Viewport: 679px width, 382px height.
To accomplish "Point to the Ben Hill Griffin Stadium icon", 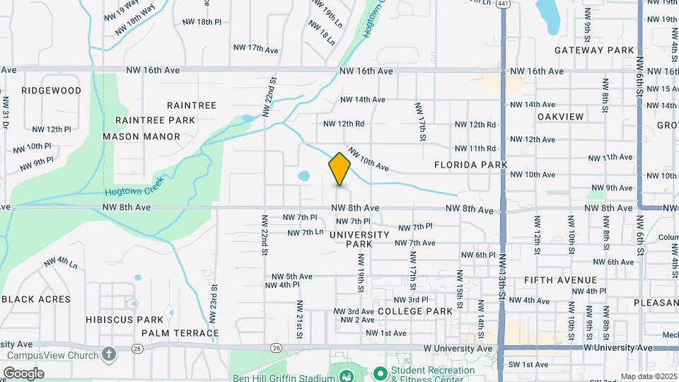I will tap(347, 374).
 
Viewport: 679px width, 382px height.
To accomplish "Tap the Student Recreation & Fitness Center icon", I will tap(380, 372).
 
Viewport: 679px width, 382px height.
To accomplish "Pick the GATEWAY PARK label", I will tap(594, 50).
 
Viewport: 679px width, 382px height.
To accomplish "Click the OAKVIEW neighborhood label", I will tap(560, 116).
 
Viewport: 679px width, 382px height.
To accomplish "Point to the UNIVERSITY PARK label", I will tap(359, 238).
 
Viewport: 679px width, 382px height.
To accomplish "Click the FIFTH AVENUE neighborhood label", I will tap(561, 280).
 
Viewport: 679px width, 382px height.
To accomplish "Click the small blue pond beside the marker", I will tap(303, 175).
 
